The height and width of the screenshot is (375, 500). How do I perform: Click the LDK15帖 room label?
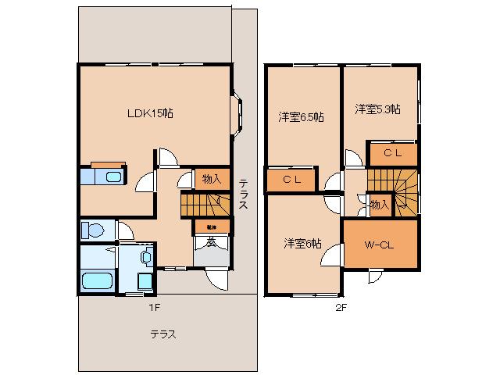pos(150,113)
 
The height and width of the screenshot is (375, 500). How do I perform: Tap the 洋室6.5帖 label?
pos(302,117)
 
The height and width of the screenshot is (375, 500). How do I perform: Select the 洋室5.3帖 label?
pos(378,109)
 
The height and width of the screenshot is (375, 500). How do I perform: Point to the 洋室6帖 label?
pos(302,243)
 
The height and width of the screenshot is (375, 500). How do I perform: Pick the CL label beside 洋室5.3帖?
pos(392,154)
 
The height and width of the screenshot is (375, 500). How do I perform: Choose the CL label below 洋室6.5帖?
pos(292,180)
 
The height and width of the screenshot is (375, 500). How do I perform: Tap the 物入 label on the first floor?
pos(212,179)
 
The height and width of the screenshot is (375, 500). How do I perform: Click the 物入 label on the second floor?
pos(379,205)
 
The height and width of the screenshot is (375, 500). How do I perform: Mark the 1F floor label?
pos(155,307)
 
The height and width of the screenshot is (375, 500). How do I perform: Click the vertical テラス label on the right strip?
pos(244,191)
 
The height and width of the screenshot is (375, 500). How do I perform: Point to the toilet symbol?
pos(92,231)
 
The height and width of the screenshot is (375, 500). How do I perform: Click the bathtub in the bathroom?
pos(97,280)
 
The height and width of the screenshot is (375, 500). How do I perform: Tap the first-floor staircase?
pos(205,205)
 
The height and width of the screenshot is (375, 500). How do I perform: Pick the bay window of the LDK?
pos(237,115)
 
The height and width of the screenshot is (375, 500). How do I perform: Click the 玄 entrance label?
pos(211,242)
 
